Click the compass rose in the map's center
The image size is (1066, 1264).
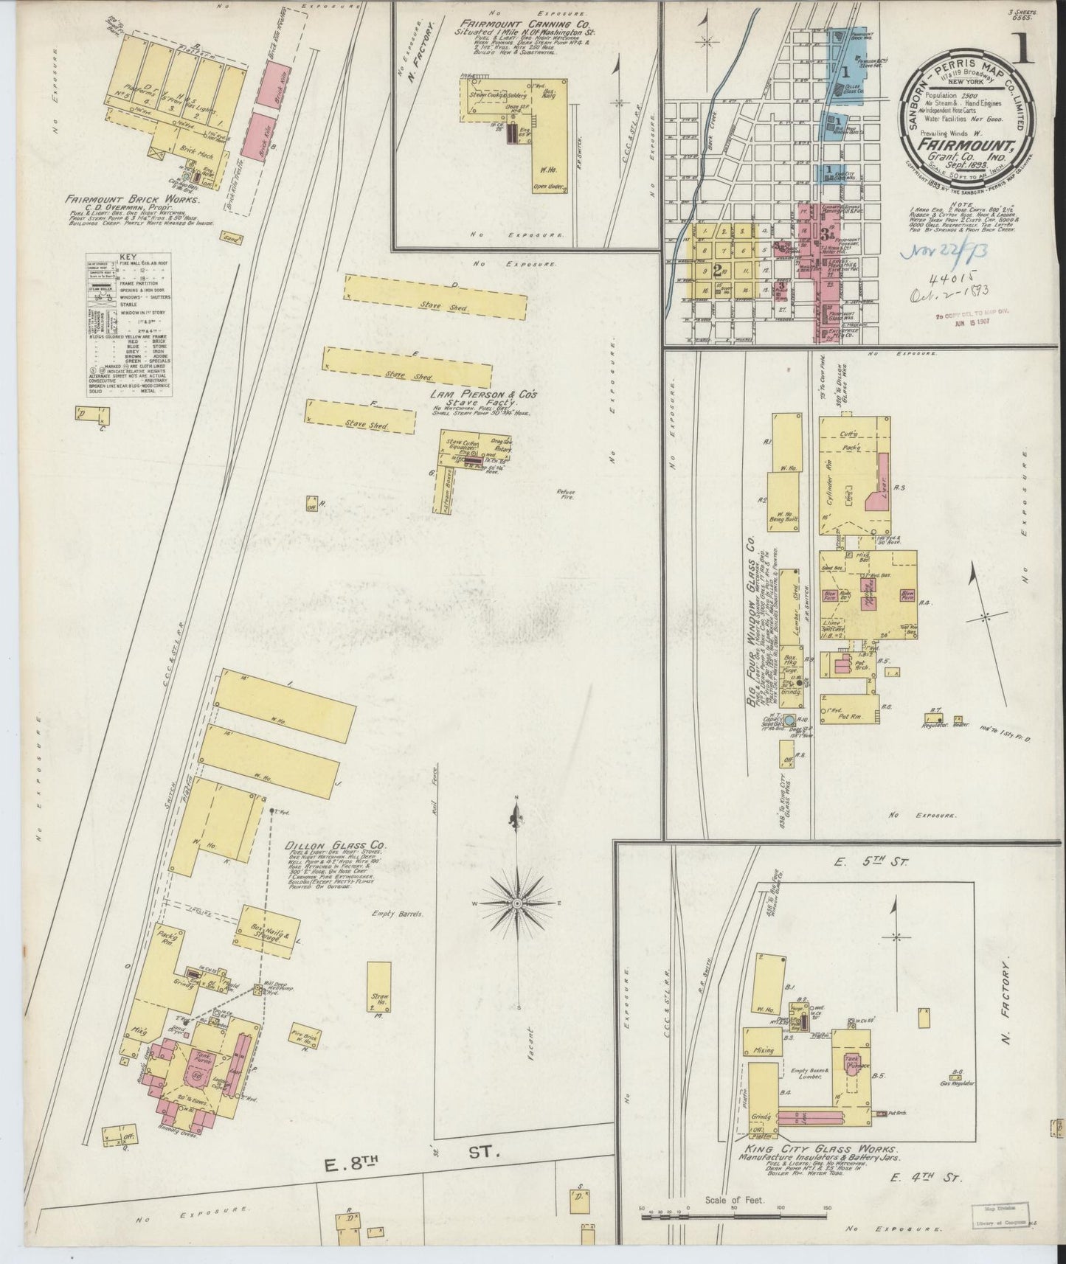pyautogui.click(x=517, y=902)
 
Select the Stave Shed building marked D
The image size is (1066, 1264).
pyautogui.click(x=435, y=297)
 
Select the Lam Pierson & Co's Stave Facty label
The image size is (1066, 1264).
pyautogui.click(x=485, y=398)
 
